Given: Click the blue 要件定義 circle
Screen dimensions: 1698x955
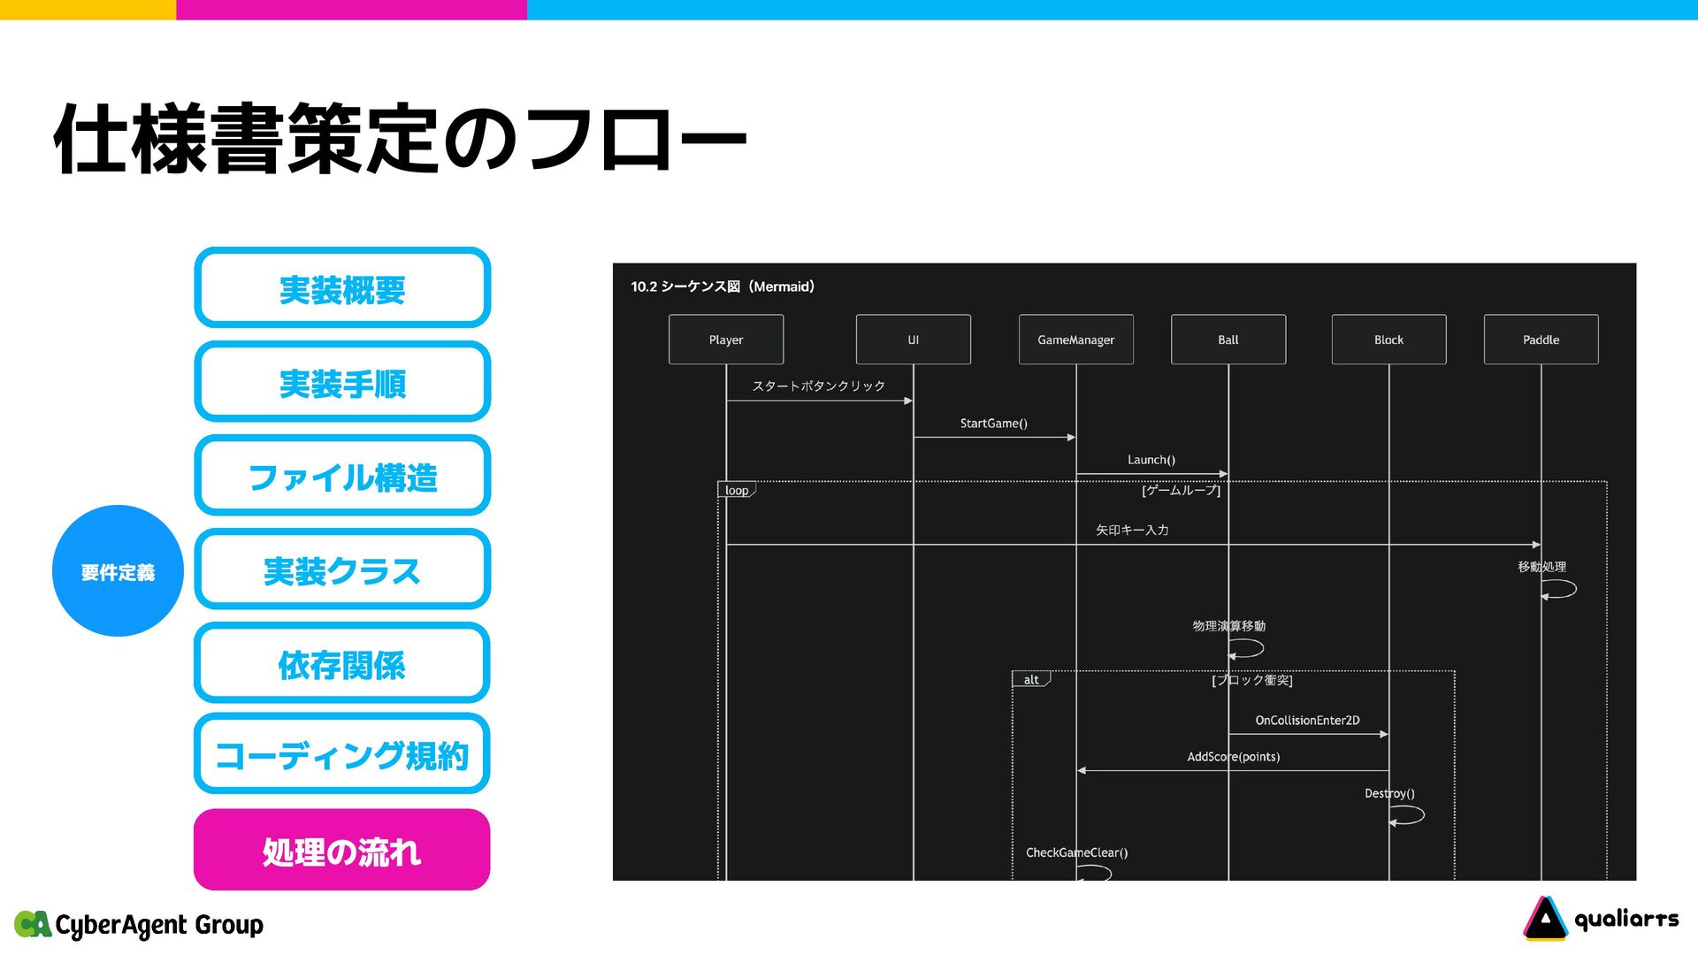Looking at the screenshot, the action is pyautogui.click(x=118, y=571).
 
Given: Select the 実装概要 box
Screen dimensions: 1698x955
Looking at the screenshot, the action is pyautogui.click(x=342, y=288).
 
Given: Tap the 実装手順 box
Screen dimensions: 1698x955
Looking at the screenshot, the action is pyautogui.click(x=342, y=382).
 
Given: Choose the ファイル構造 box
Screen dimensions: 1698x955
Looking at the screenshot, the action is pyautogui.click(x=342, y=476).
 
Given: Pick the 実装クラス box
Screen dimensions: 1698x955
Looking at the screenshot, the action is pyautogui.click(x=342, y=569).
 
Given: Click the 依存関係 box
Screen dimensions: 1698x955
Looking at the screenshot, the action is pyautogui.click(x=342, y=663).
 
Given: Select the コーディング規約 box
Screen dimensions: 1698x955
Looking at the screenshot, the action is pyautogui.click(x=342, y=754).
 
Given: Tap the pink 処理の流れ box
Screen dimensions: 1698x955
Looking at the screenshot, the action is pyautogui.click(x=342, y=850).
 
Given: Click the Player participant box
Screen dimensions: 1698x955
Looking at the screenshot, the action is pyautogui.click(x=726, y=340).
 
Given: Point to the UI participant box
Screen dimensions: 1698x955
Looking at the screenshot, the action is pyautogui.click(x=913, y=340).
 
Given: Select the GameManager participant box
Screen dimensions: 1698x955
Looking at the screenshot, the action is pyautogui.click(x=1075, y=340).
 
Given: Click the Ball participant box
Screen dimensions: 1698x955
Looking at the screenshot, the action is pyautogui.click(x=1228, y=340).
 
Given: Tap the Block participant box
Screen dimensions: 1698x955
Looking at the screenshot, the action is pyautogui.click(x=1388, y=340).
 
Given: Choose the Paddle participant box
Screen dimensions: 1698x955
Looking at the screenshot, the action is pyautogui.click(x=1541, y=340).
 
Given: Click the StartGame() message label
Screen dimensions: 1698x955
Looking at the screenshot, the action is pyautogui.click(x=993, y=424).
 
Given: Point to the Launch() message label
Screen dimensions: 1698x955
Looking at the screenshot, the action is pyautogui.click(x=1151, y=460).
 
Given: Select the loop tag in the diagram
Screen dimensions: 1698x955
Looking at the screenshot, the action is pyautogui.click(x=737, y=491).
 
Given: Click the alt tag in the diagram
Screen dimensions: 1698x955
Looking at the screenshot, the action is pyautogui.click(x=1031, y=680).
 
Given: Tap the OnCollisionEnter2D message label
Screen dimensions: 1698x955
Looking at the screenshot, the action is pyautogui.click(x=1307, y=721).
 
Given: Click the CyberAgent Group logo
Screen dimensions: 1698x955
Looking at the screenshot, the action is pyautogui.click(x=140, y=925).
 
